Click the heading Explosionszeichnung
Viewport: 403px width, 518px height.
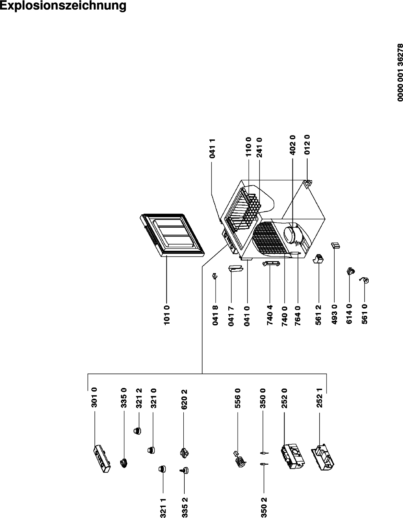pos(63,6)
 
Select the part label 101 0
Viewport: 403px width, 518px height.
pos(167,315)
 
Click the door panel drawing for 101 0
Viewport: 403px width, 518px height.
pos(172,235)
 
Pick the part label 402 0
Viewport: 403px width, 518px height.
pos(292,145)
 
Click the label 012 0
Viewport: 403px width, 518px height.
pos(307,145)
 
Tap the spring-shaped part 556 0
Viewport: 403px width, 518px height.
pos(240,459)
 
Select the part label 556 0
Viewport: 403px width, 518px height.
pos(238,398)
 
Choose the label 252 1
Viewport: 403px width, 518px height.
pos(320,398)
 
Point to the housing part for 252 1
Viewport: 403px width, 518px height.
pos(323,457)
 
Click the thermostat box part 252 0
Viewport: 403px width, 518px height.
pos(293,456)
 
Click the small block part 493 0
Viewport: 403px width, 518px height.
pos(335,245)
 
